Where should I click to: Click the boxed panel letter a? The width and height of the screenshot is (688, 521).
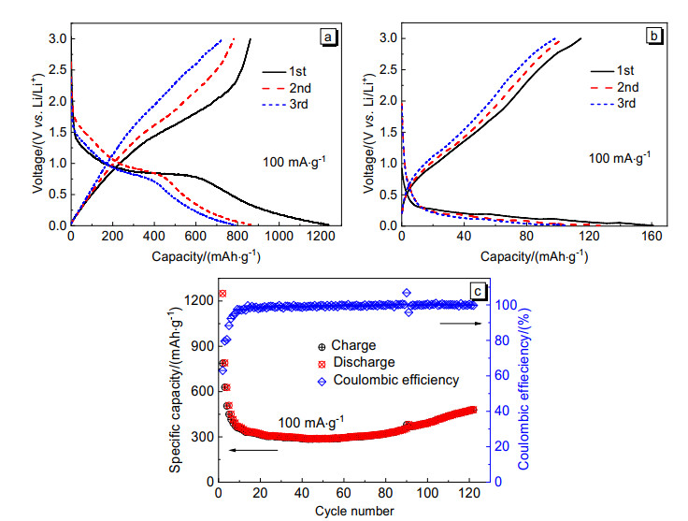click(327, 37)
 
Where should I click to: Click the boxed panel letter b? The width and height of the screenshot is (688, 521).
click(656, 37)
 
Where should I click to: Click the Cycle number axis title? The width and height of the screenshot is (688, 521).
click(347, 511)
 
